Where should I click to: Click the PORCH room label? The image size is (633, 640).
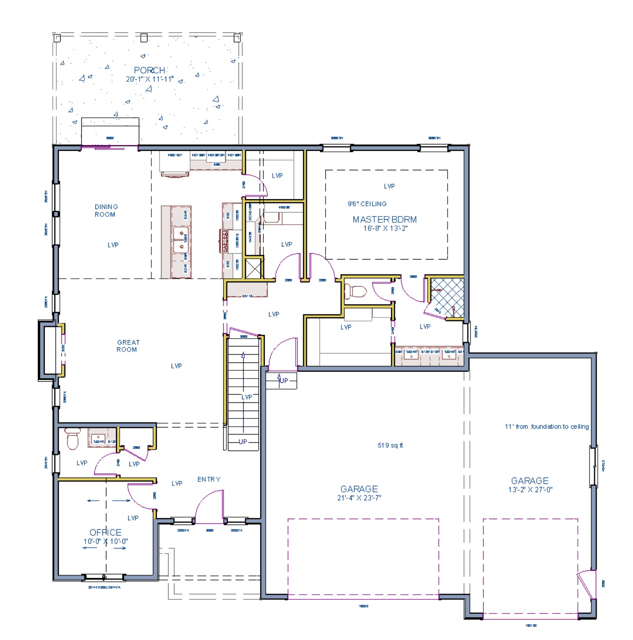click(149, 70)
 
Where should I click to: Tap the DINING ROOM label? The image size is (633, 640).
click(106, 211)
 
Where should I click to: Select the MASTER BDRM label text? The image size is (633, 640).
click(384, 220)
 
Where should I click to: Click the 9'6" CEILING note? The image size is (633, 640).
click(367, 204)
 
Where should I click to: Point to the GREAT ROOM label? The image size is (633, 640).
click(127, 346)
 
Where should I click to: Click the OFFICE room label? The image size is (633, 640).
click(105, 532)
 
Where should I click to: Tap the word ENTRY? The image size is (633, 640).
click(209, 480)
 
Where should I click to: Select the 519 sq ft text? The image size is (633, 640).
click(390, 445)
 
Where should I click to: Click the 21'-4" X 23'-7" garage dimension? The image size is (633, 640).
click(359, 498)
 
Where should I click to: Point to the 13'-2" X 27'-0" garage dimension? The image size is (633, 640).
click(530, 490)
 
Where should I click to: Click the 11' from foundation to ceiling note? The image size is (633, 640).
click(546, 427)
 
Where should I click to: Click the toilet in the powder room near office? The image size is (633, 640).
click(73, 439)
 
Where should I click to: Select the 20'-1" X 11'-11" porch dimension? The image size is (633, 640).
click(149, 79)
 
